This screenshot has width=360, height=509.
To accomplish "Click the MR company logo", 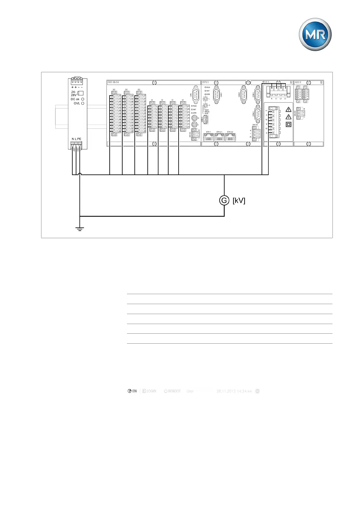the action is tap(315, 34).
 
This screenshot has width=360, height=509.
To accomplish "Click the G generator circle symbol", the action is tap(224, 200).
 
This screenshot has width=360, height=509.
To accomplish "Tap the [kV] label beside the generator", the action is tap(239, 200).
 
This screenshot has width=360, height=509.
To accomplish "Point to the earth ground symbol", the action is tap(79, 229).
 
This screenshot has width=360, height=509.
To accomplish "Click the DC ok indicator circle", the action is tap(83, 99).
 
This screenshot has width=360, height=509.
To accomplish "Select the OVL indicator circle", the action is tap(83, 103).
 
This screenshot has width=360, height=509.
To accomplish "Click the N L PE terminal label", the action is tap(76, 139).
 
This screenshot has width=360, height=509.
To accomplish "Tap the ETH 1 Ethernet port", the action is tap(209, 138).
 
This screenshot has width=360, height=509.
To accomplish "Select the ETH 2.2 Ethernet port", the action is tap(230, 138).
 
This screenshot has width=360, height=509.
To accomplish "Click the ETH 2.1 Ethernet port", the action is tap(219, 138).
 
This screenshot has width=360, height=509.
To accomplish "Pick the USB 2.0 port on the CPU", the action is tap(206, 120).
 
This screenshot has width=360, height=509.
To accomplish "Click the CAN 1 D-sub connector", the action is tap(216, 95).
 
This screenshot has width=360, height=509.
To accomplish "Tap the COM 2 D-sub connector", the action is tap(258, 114).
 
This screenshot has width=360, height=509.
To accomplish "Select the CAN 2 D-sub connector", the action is tap(244, 95).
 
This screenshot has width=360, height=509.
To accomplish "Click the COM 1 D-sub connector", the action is tap(258, 95).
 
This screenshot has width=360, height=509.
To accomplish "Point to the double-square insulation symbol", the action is tap(289, 124).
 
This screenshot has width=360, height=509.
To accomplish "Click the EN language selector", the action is tap(132, 391).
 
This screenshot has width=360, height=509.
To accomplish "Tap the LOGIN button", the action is tap(149, 391).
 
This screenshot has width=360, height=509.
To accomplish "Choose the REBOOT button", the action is tap(172, 391).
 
